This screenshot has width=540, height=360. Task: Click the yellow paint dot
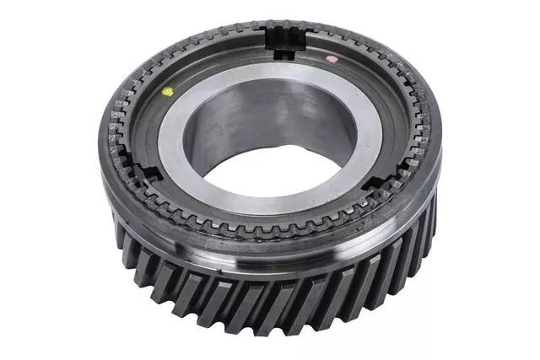click(x=167, y=91)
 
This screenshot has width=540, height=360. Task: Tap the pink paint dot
click(x=331, y=60)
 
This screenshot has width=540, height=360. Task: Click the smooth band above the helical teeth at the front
click(x=278, y=253)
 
